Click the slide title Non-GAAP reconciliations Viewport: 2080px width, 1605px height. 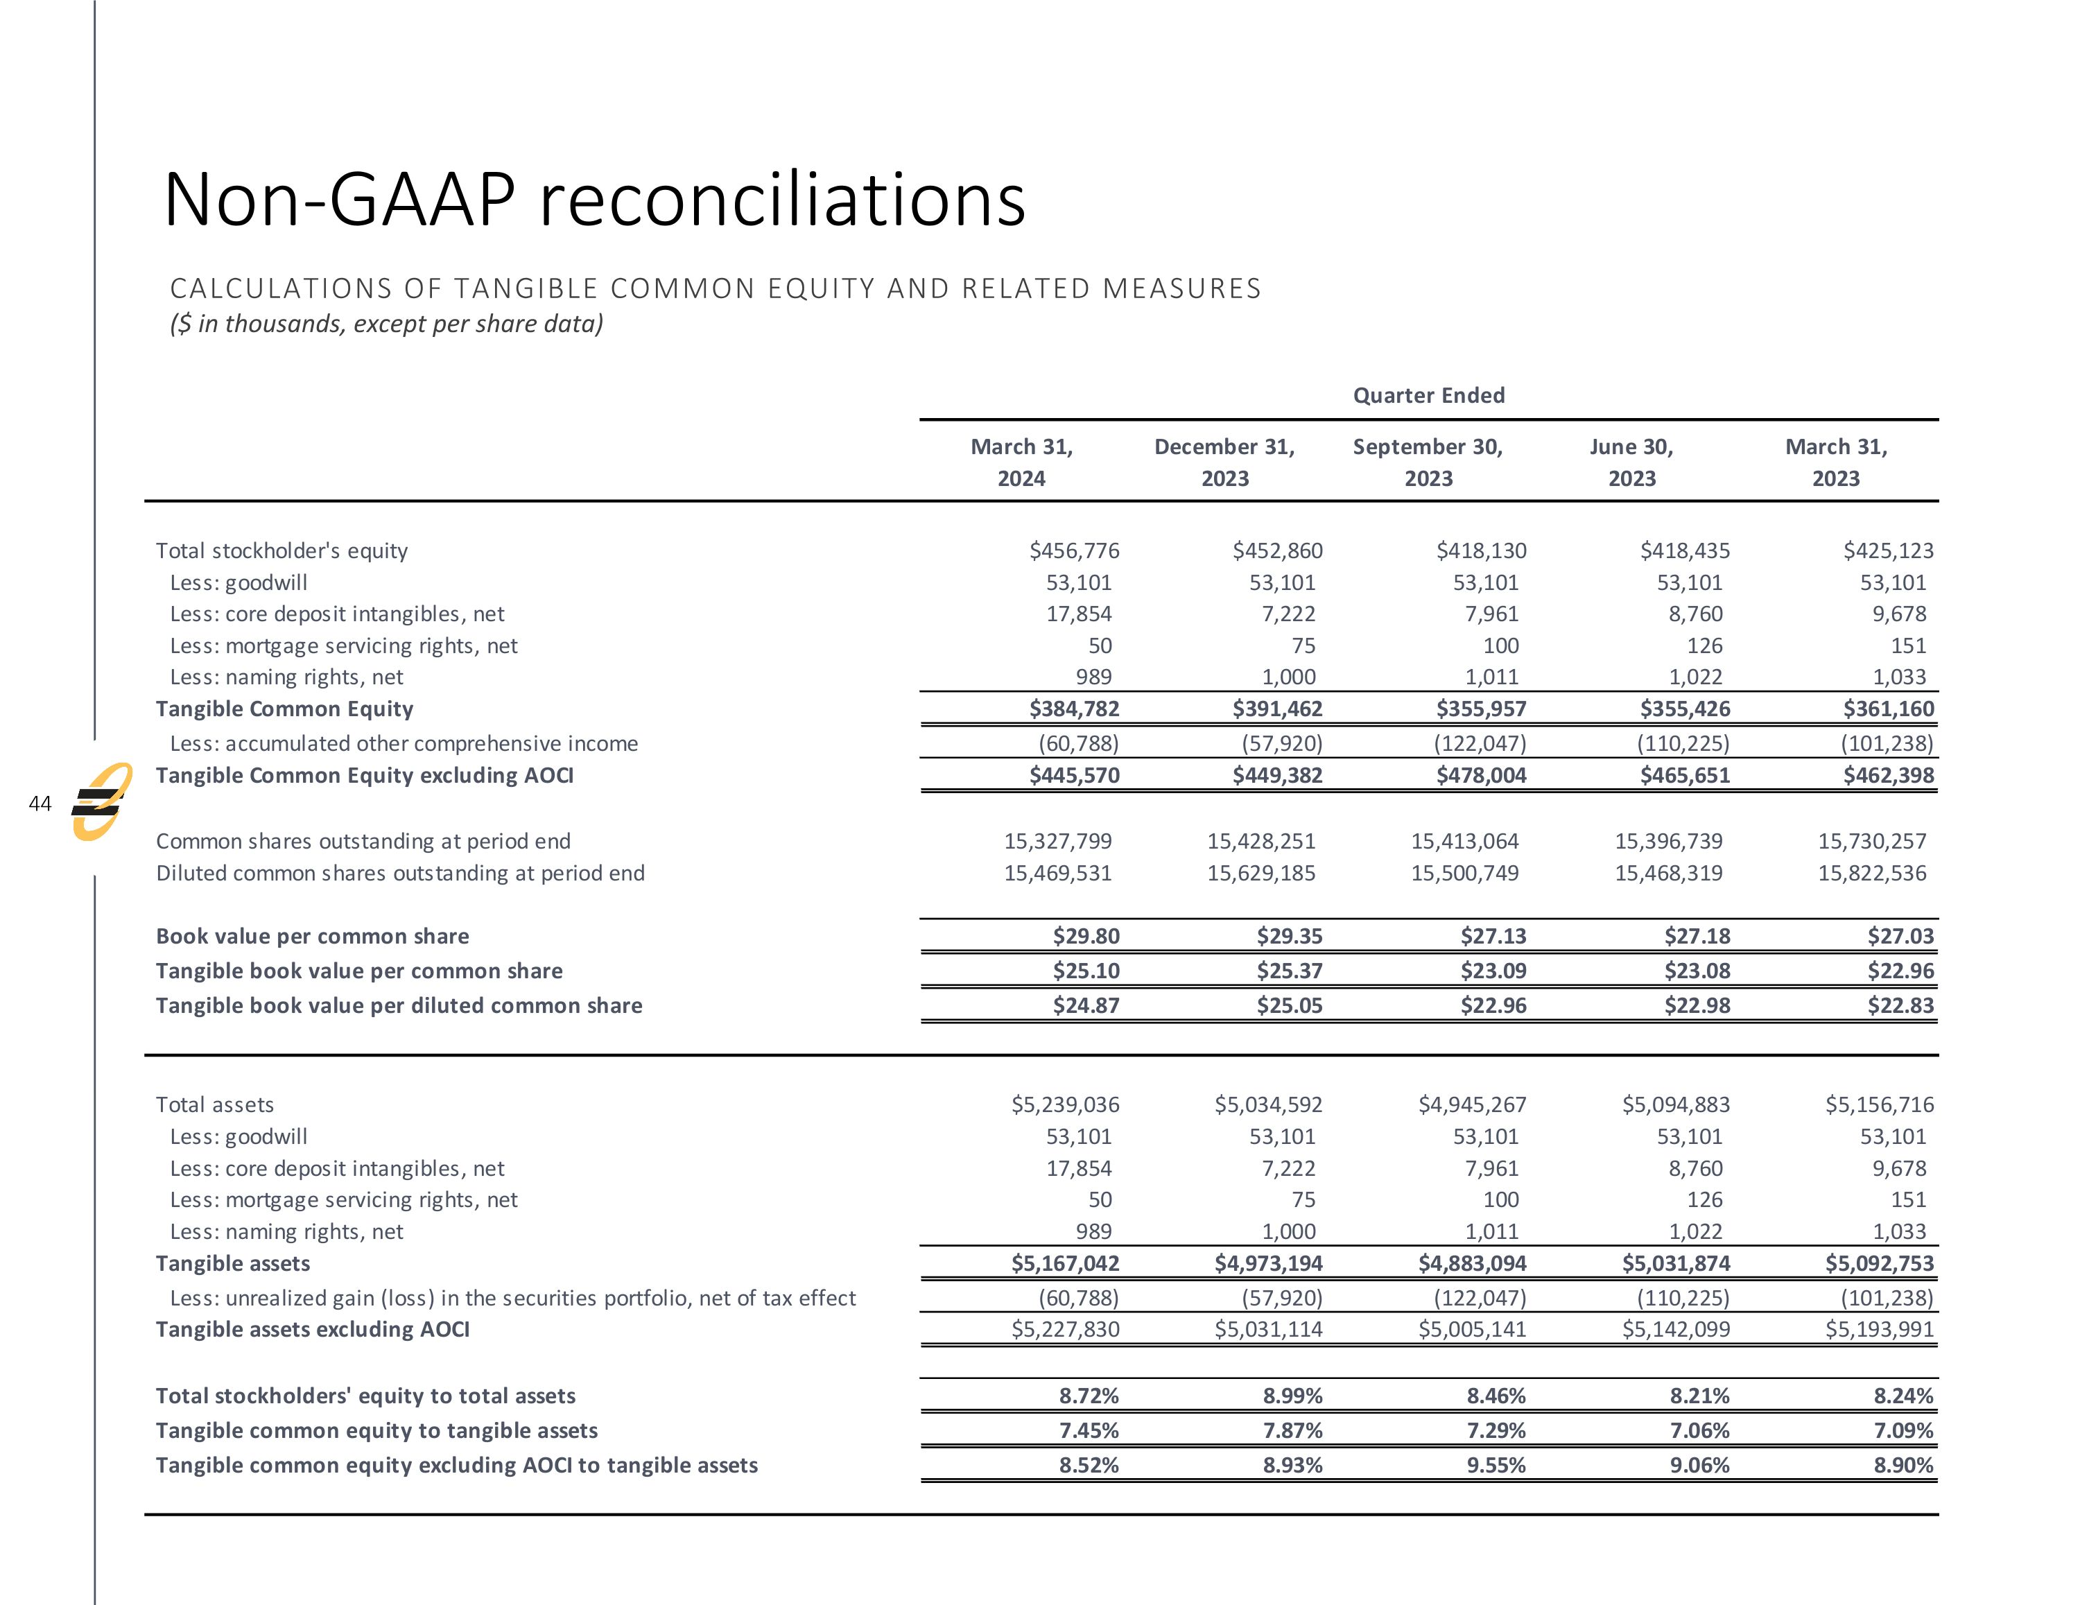[594, 200]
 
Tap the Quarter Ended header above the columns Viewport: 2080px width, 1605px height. [1428, 395]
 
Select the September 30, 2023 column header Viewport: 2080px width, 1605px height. [1428, 462]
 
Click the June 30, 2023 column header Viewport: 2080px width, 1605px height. [1631, 462]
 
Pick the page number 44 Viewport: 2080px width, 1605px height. [40, 804]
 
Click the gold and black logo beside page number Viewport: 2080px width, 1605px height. [101, 802]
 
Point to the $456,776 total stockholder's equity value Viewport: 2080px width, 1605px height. [1074, 550]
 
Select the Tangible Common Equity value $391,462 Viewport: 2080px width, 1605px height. [1277, 709]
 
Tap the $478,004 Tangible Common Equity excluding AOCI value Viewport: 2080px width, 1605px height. [1481, 775]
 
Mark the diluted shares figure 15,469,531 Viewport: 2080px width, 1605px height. [1058, 874]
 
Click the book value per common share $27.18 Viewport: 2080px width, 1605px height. [1697, 937]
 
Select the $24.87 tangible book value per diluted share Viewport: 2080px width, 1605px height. [1086, 1006]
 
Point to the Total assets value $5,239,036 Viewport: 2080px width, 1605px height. [1065, 1105]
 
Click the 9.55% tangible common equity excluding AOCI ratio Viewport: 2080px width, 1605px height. [1496, 1465]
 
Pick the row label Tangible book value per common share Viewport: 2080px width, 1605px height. [359, 971]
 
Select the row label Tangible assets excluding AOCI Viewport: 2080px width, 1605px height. [313, 1330]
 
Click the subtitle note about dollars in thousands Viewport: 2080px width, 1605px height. [385, 324]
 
